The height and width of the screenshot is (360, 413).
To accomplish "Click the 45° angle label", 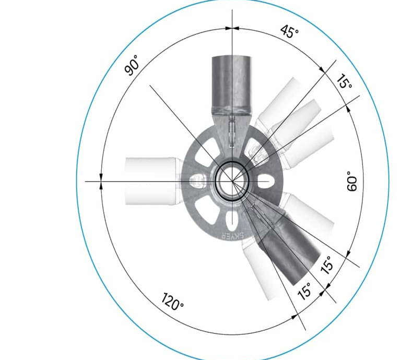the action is pyautogui.click(x=289, y=32).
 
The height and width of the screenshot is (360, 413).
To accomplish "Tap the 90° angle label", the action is pyautogui.click(x=132, y=65).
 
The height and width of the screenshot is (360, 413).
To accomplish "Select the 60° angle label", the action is pyautogui.click(x=352, y=181).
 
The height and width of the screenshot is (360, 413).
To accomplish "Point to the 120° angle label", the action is pyautogui.click(x=172, y=302).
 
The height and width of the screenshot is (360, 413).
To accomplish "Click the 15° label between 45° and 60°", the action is pyautogui.click(x=345, y=81).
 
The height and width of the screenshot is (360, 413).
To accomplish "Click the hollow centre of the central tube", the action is pyautogui.click(x=232, y=182).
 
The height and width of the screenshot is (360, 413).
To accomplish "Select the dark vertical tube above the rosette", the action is pyautogui.click(x=232, y=84).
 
